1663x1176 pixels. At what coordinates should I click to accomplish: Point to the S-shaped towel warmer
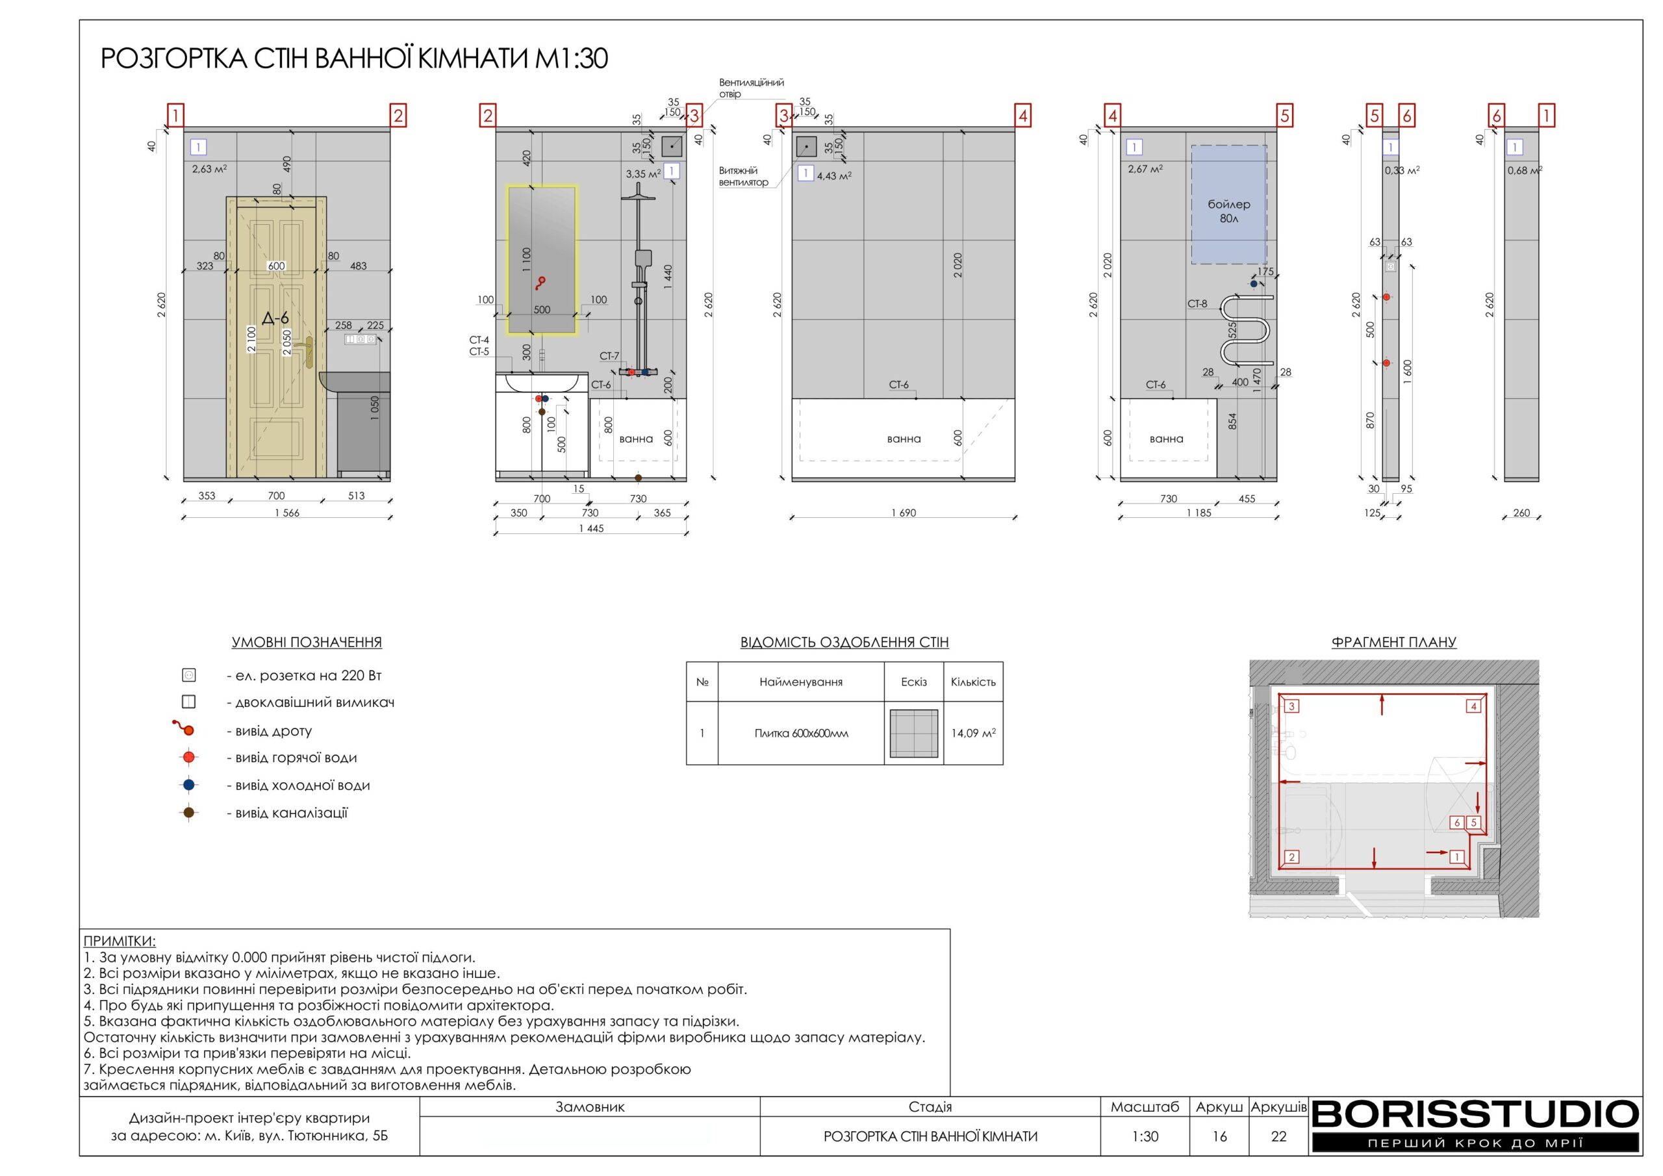(x=1246, y=329)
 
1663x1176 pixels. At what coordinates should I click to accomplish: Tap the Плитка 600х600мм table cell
(x=800, y=734)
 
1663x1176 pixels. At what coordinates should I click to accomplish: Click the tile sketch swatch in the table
(x=913, y=734)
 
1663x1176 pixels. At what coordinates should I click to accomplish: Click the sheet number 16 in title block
(x=1219, y=1136)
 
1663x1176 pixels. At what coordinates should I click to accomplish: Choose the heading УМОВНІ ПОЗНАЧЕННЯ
(x=307, y=642)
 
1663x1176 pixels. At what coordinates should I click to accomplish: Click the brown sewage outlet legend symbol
(x=188, y=812)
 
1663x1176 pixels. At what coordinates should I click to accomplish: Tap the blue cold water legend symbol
(x=188, y=785)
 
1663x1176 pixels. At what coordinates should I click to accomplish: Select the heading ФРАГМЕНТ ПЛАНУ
(x=1393, y=642)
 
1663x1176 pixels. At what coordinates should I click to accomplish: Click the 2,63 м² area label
(x=209, y=169)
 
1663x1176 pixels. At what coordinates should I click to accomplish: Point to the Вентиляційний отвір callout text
(x=751, y=88)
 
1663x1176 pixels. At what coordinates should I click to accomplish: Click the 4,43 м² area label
(x=833, y=175)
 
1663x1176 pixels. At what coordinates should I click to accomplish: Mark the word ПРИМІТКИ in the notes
(x=120, y=941)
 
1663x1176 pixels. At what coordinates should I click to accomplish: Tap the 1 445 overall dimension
(x=591, y=528)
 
